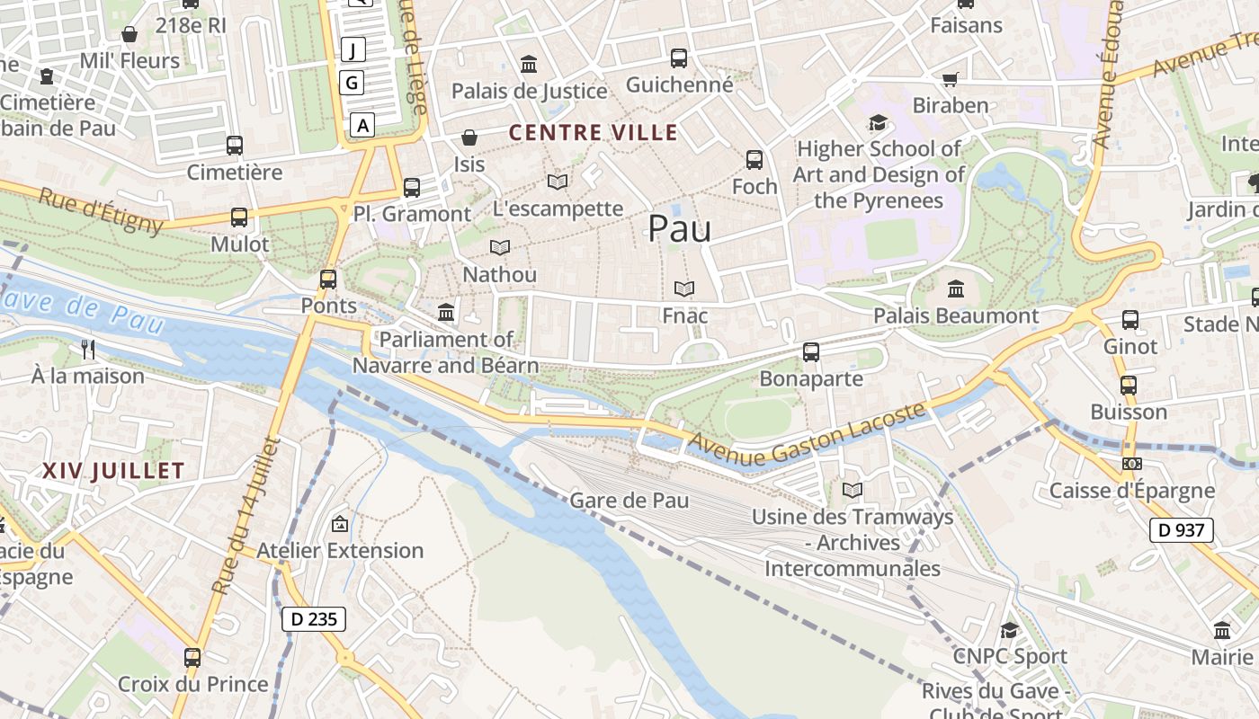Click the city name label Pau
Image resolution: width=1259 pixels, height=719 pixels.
pos(679,229)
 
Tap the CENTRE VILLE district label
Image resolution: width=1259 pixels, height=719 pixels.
pos(594,133)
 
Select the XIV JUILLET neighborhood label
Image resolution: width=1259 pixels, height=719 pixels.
pos(113,470)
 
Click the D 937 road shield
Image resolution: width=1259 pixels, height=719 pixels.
pos(1181,530)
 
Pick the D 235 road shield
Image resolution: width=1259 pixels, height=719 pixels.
pos(313,618)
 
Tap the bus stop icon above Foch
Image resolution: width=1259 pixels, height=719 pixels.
pos(754,160)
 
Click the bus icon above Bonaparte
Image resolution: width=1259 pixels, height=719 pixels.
pos(811,352)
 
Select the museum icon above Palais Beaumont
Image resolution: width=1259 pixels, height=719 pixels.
pos(956,289)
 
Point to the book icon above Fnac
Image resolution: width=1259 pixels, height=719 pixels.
pos(684,289)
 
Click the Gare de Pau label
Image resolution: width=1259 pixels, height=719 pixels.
pos(629,501)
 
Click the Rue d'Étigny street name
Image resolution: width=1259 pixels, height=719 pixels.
pos(101,209)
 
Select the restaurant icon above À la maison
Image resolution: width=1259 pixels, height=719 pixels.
pos(87,349)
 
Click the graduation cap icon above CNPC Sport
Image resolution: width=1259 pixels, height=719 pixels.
pos(1009,630)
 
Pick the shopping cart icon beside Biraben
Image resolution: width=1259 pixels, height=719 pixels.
pos(950,79)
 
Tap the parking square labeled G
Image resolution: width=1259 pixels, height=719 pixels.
pos(353,84)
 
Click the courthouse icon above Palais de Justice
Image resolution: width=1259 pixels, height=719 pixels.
pos(529,65)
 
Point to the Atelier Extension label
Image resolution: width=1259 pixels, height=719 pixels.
pos(340,550)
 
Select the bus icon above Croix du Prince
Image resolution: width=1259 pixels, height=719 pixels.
pos(192,657)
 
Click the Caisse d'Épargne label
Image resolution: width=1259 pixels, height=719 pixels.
pos(1131,491)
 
